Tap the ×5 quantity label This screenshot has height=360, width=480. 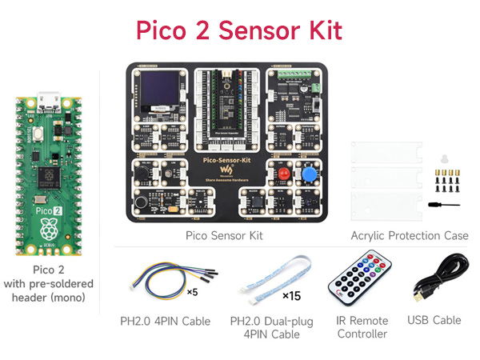(192, 291)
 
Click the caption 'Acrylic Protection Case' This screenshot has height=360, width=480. (410, 235)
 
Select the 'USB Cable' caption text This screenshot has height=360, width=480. (434, 320)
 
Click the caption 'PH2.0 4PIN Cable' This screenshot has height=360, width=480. (165, 322)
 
